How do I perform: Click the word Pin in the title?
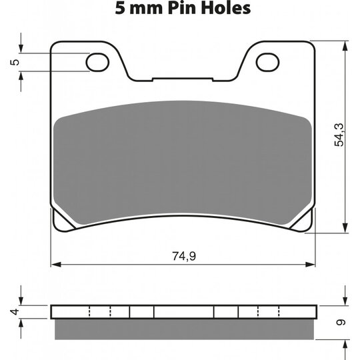[181, 8]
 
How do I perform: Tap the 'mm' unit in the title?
[146, 10]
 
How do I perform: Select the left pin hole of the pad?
[97, 62]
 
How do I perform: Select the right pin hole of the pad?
[268, 62]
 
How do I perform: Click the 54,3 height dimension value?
[339, 135]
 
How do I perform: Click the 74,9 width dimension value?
[184, 256]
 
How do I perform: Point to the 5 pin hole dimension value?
[15, 62]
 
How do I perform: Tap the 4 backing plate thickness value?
[15, 312]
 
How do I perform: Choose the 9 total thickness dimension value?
[341, 323]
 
